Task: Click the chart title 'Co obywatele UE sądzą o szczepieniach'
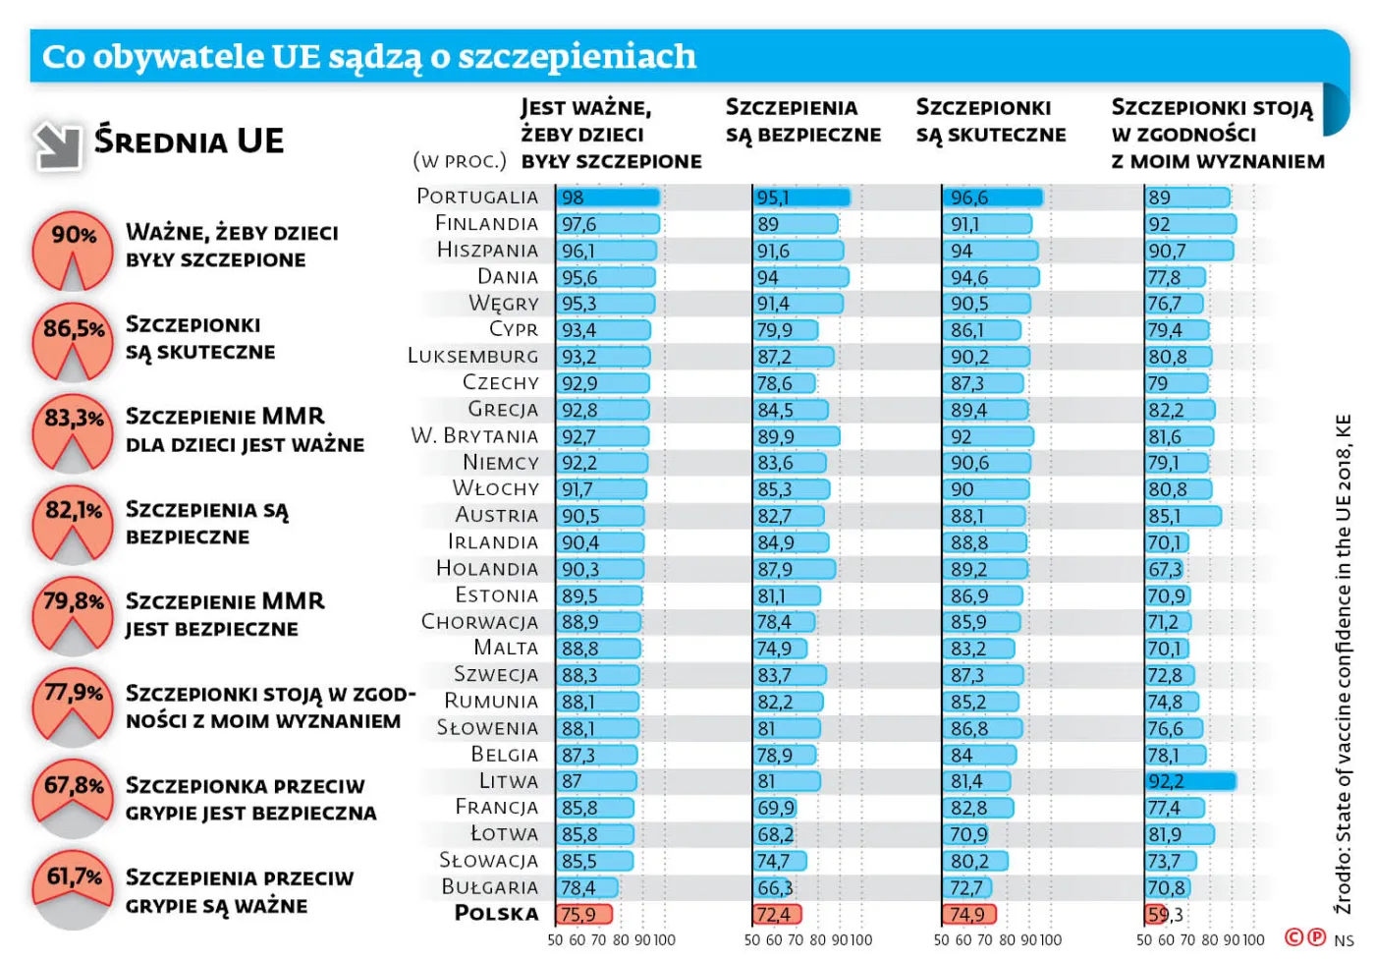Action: (369, 57)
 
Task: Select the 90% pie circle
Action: (73, 252)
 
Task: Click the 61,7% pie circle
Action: (73, 889)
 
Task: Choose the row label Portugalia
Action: (477, 197)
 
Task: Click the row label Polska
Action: (496, 914)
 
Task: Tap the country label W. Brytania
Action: (474, 435)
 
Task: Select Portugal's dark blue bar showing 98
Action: (608, 198)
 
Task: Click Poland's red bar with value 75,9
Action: (584, 915)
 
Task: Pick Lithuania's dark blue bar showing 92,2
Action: (1190, 782)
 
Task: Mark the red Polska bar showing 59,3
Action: (1156, 915)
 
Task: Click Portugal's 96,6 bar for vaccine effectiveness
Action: (993, 198)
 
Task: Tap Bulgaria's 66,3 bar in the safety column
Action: (773, 888)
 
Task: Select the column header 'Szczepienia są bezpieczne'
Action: (802, 122)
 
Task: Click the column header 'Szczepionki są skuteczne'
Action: (990, 122)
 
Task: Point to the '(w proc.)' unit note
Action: (460, 161)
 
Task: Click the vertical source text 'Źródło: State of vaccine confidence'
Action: (1343, 663)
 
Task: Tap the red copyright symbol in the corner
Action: (1293, 937)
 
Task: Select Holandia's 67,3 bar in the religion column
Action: (1165, 569)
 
